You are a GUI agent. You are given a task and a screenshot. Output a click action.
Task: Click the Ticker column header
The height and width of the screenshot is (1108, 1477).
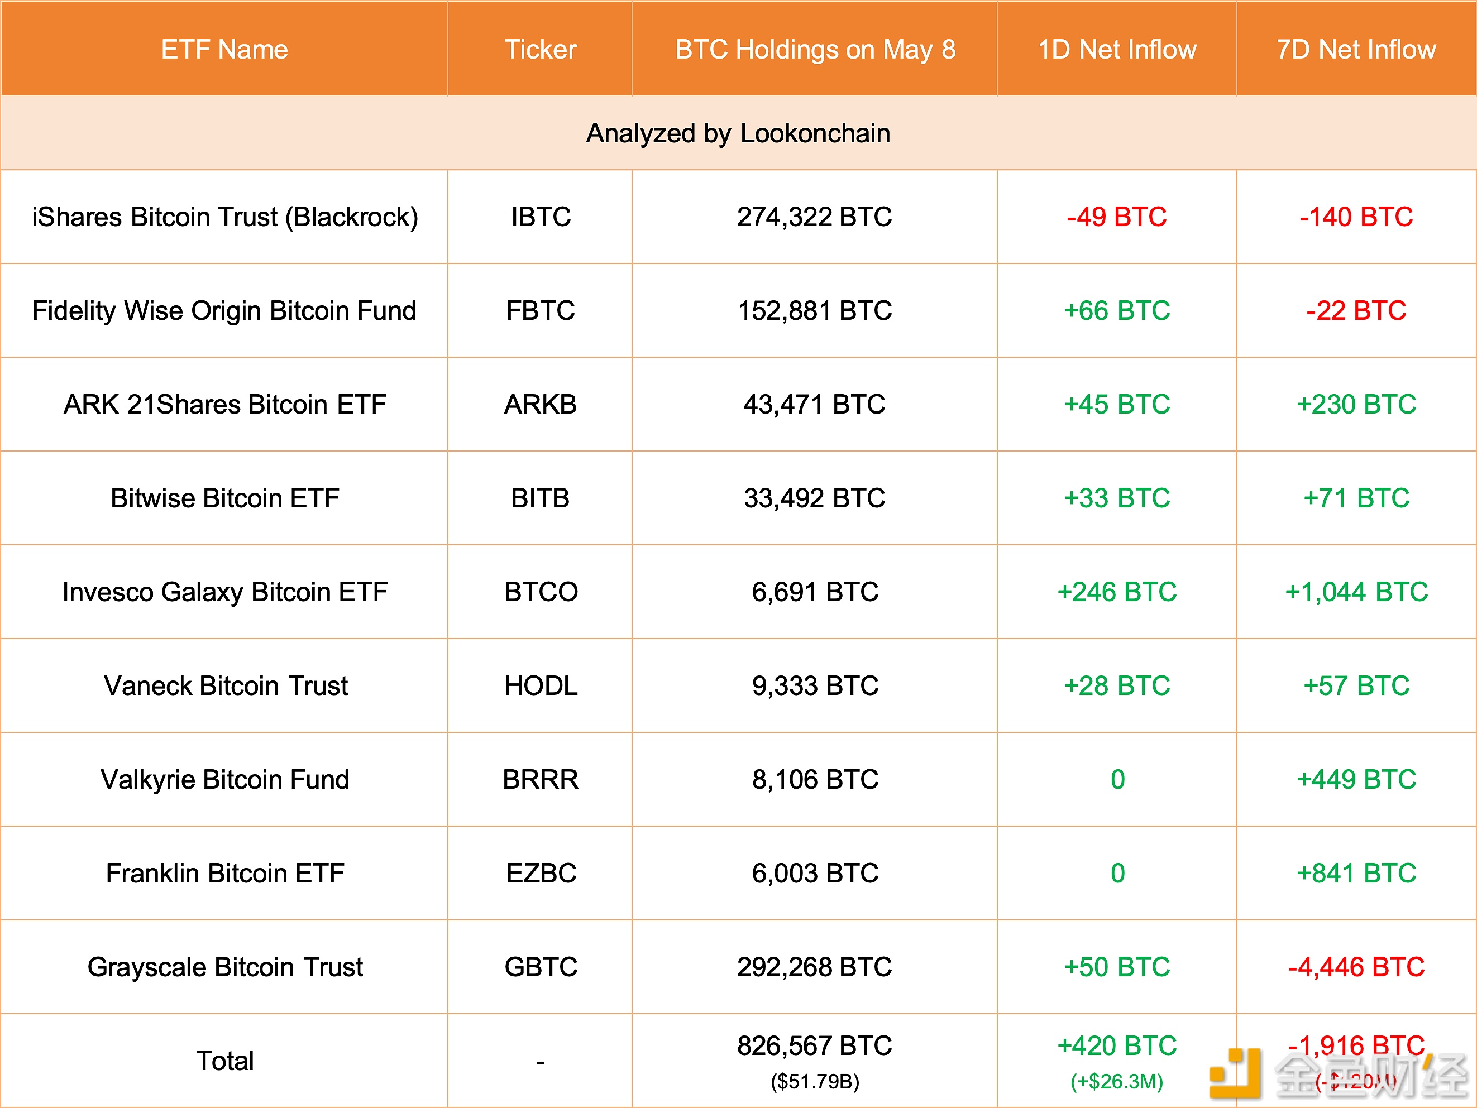click(x=540, y=49)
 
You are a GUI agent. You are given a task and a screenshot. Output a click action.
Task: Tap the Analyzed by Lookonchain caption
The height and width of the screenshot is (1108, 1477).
click(x=738, y=133)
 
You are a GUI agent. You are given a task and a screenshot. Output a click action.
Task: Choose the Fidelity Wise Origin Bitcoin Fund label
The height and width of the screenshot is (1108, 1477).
click(x=224, y=310)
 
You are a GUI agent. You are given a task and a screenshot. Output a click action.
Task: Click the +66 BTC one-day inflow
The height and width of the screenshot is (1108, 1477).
click(x=1116, y=310)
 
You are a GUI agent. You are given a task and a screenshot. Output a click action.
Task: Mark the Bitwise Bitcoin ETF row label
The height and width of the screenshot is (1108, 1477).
click(x=224, y=498)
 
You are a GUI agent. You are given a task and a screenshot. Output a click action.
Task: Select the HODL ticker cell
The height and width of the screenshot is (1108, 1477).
click(x=540, y=685)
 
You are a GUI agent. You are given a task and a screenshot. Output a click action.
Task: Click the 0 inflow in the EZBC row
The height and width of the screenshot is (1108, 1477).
click(x=1117, y=873)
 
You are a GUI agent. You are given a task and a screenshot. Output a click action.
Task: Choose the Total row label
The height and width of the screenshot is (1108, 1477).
click(x=224, y=1061)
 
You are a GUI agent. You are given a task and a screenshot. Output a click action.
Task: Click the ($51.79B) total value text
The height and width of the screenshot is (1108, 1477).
click(x=815, y=1081)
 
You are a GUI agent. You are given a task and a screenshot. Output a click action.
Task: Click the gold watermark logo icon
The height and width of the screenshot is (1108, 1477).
click(x=1235, y=1073)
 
